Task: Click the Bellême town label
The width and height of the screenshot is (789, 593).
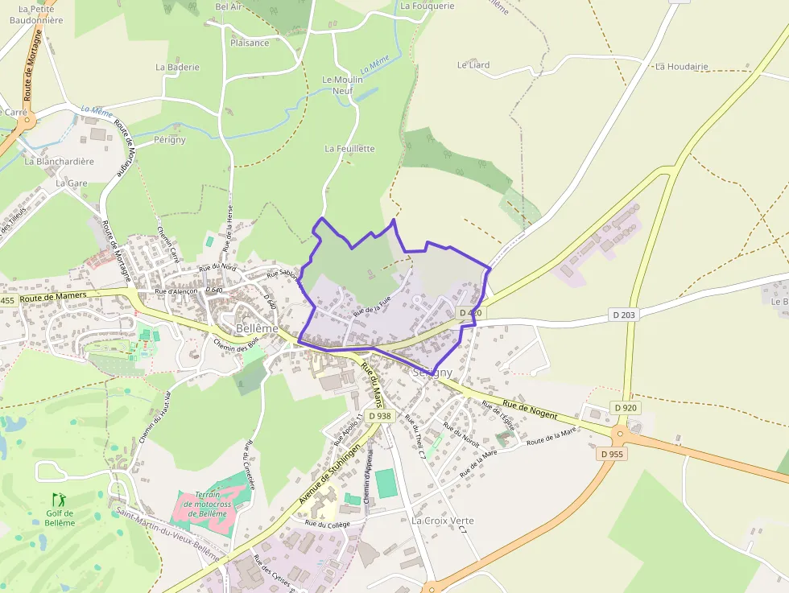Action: coord(257,328)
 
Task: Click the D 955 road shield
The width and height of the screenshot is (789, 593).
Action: coord(612,454)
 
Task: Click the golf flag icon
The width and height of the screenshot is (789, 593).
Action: coord(57,500)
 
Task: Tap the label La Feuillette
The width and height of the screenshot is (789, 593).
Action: coord(350,149)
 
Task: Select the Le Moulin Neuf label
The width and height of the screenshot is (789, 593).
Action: coord(343,85)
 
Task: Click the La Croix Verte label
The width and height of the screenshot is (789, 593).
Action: coord(443,521)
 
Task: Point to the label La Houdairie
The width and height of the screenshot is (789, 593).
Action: coord(682,66)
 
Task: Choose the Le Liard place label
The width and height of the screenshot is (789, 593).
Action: coord(473,64)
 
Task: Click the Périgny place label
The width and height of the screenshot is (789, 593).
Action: coord(170,139)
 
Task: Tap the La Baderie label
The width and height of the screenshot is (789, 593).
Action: coord(177,68)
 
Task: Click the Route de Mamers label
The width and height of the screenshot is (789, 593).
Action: coord(53,297)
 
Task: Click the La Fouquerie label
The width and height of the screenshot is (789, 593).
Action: coord(428,6)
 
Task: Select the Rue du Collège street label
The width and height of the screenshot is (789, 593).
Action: coord(327,523)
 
